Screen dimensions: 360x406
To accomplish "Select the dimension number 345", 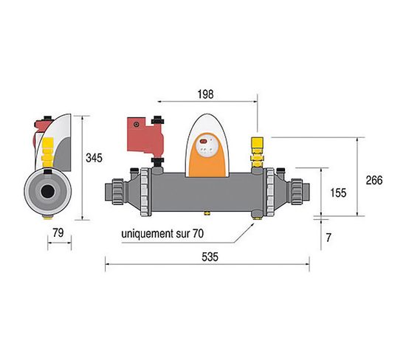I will pos(94,158).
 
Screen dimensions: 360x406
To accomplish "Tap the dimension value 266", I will pos(374,181).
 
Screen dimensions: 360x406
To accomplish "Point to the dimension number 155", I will pos(338,193).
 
